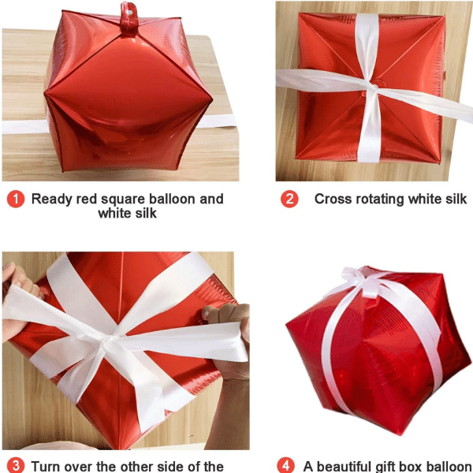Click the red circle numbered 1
point(16,199)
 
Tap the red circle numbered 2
point(289,199)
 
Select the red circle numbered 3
point(16,465)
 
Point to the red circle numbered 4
point(285,465)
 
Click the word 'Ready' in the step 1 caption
point(52,199)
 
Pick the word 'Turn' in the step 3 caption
point(46,467)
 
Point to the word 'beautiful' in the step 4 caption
point(347,467)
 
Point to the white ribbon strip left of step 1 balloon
point(25,127)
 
